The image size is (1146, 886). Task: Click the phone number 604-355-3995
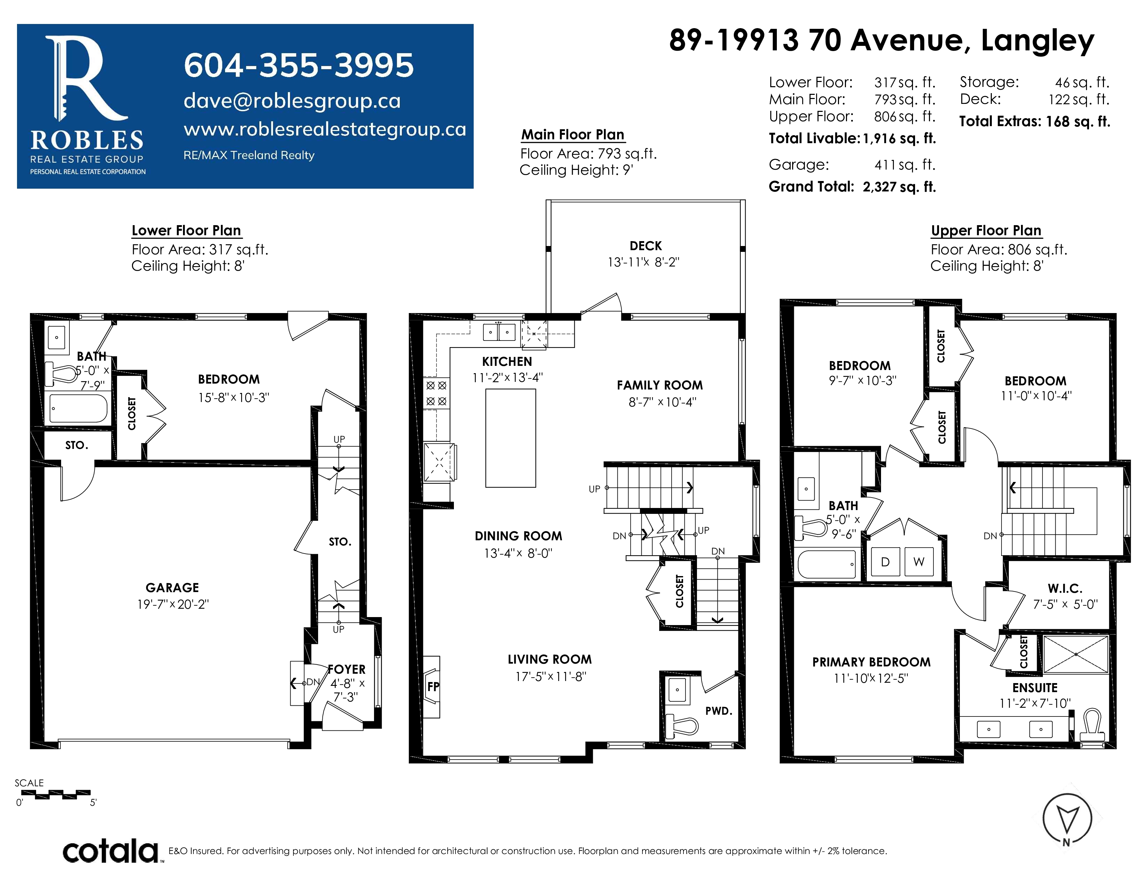click(299, 66)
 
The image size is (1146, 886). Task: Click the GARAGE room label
click(172, 588)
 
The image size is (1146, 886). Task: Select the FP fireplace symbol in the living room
click(432, 687)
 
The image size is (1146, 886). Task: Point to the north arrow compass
click(1067, 819)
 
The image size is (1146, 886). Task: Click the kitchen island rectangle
click(510, 438)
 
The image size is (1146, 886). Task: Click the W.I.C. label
click(1065, 588)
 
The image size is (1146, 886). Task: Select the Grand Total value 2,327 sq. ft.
click(899, 187)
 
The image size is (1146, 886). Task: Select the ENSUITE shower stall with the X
click(1076, 654)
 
